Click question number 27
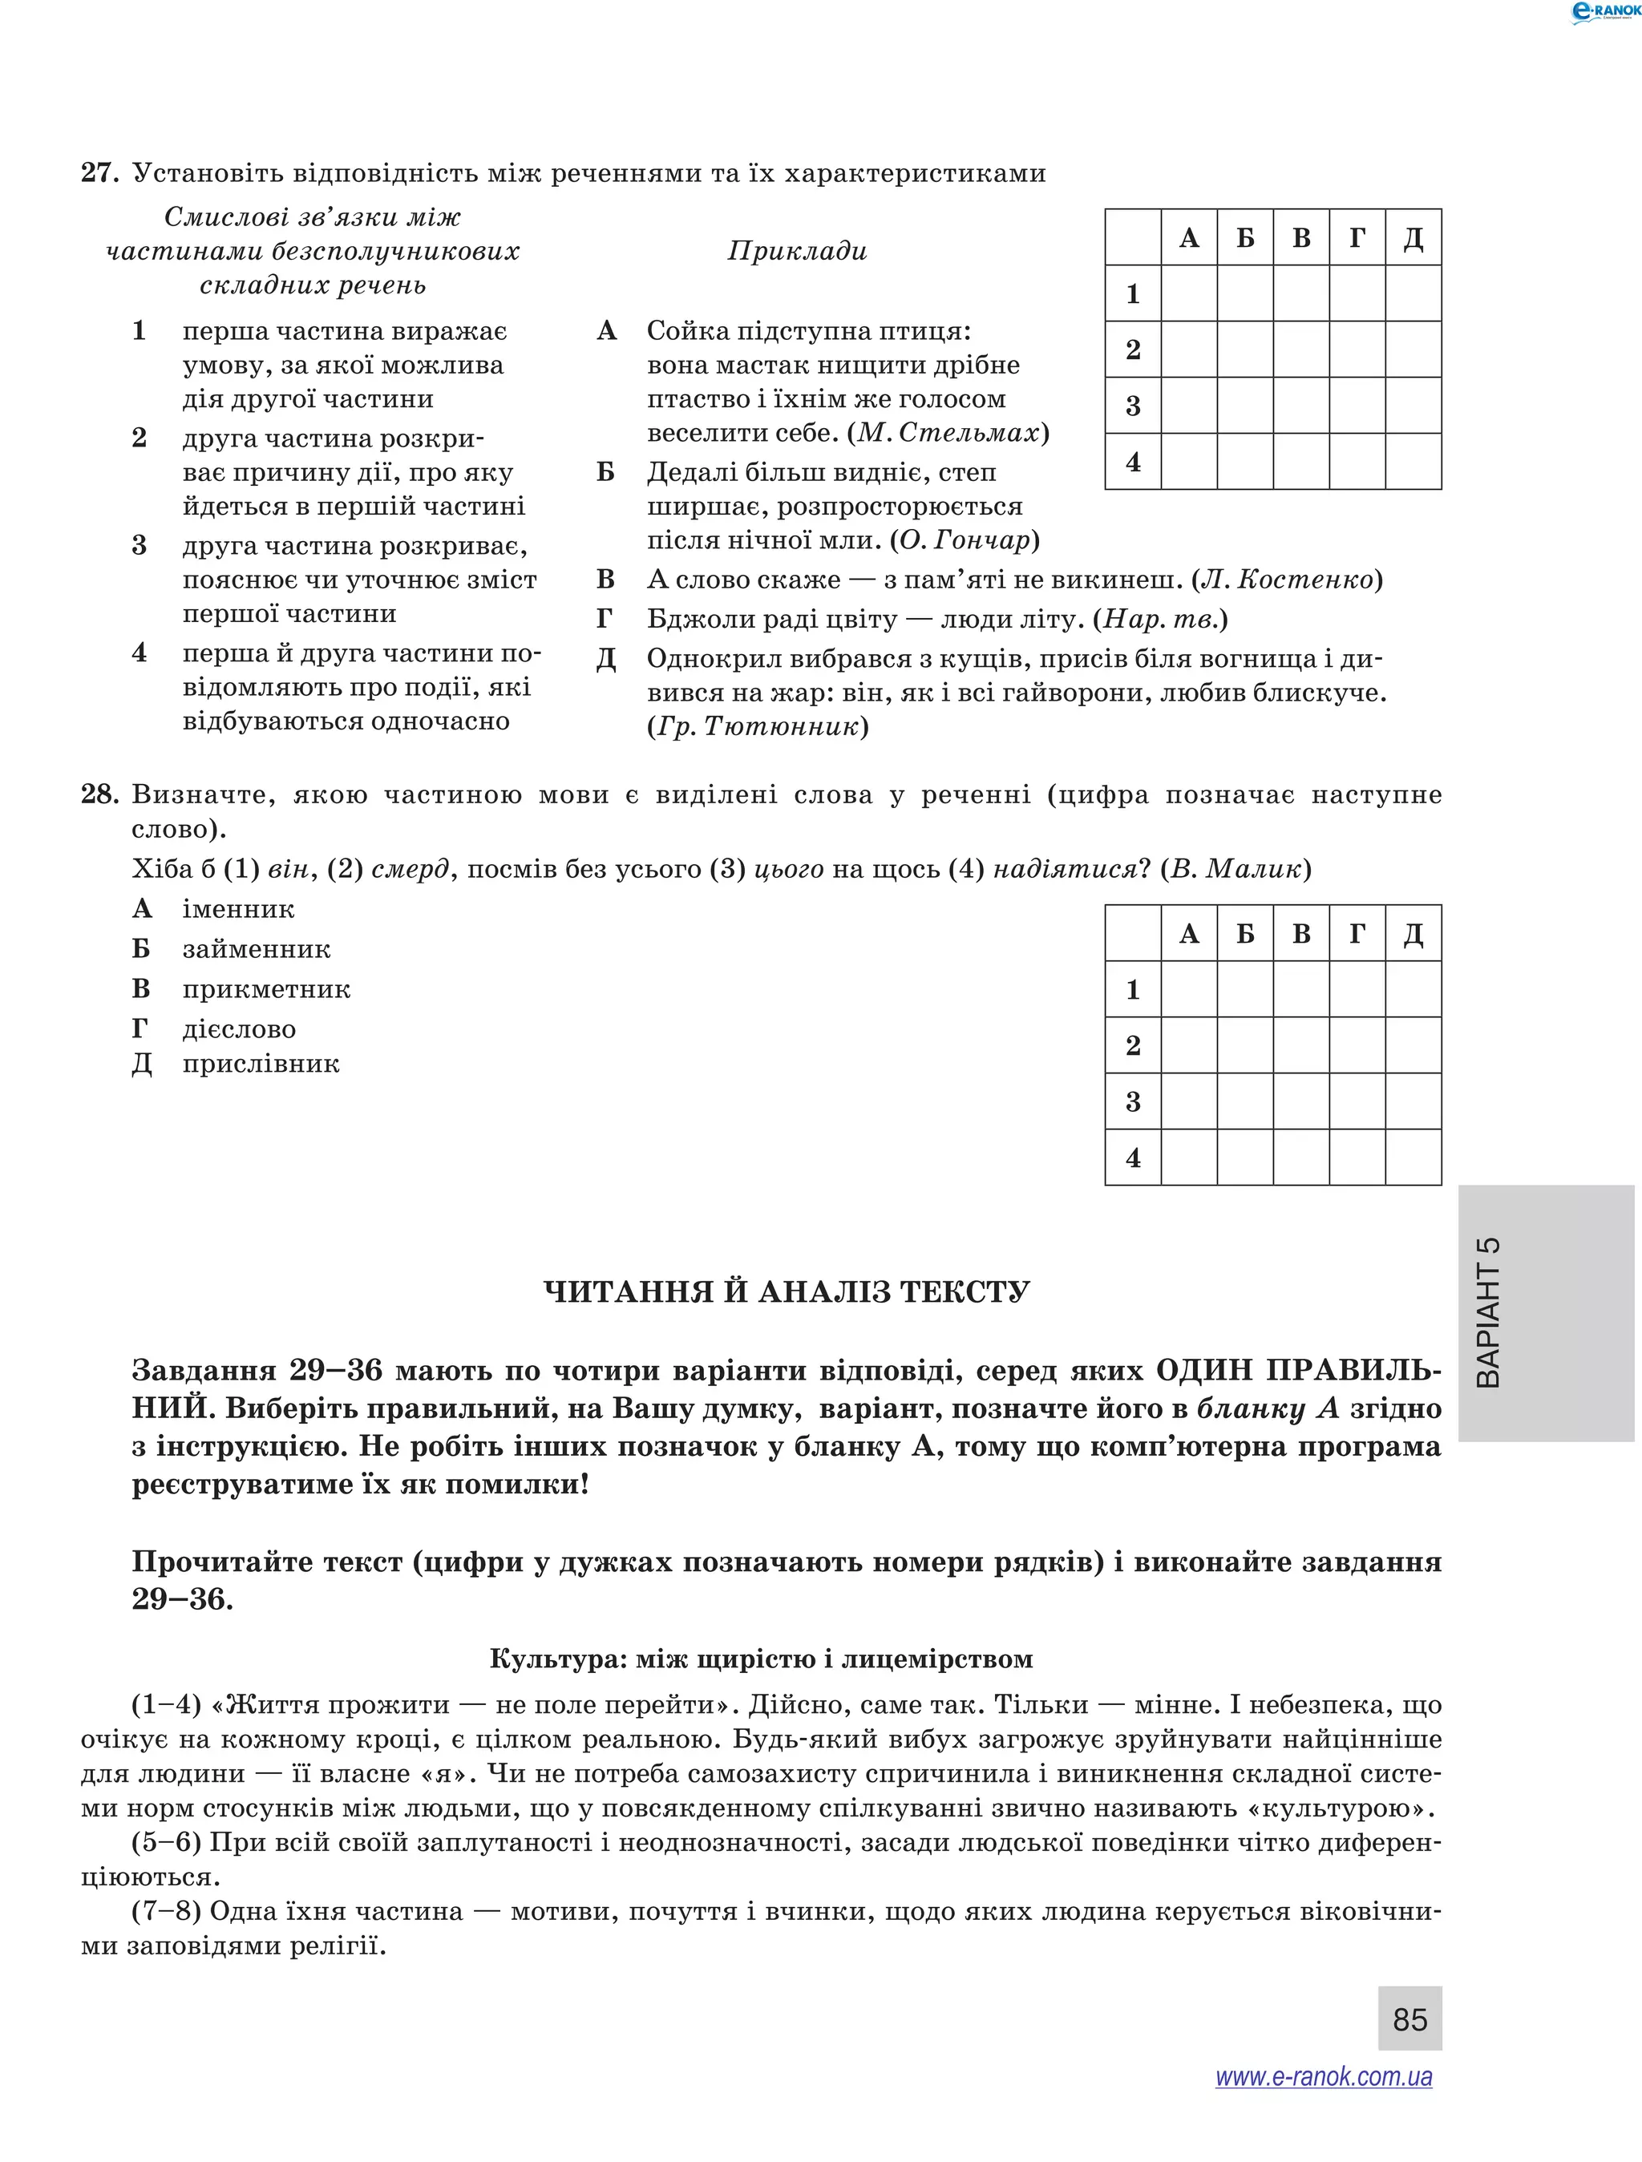pos(99,173)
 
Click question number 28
pos(99,794)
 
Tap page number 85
pos(1409,2019)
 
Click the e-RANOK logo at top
pos(1604,12)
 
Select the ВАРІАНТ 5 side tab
pos(1545,1312)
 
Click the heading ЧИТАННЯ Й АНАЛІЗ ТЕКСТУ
pos(787,1292)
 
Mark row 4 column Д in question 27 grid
pos(1413,461)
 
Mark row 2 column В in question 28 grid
pos(1301,1045)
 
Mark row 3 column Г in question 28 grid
pos(1357,1101)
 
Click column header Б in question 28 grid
pos(1245,933)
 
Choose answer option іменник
pos(237,909)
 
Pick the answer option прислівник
pos(260,1064)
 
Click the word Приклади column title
pos(798,251)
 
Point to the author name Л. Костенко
pos(1286,580)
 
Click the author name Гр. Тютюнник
pos(758,726)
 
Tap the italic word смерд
pos(410,869)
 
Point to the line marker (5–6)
pos(166,1842)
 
